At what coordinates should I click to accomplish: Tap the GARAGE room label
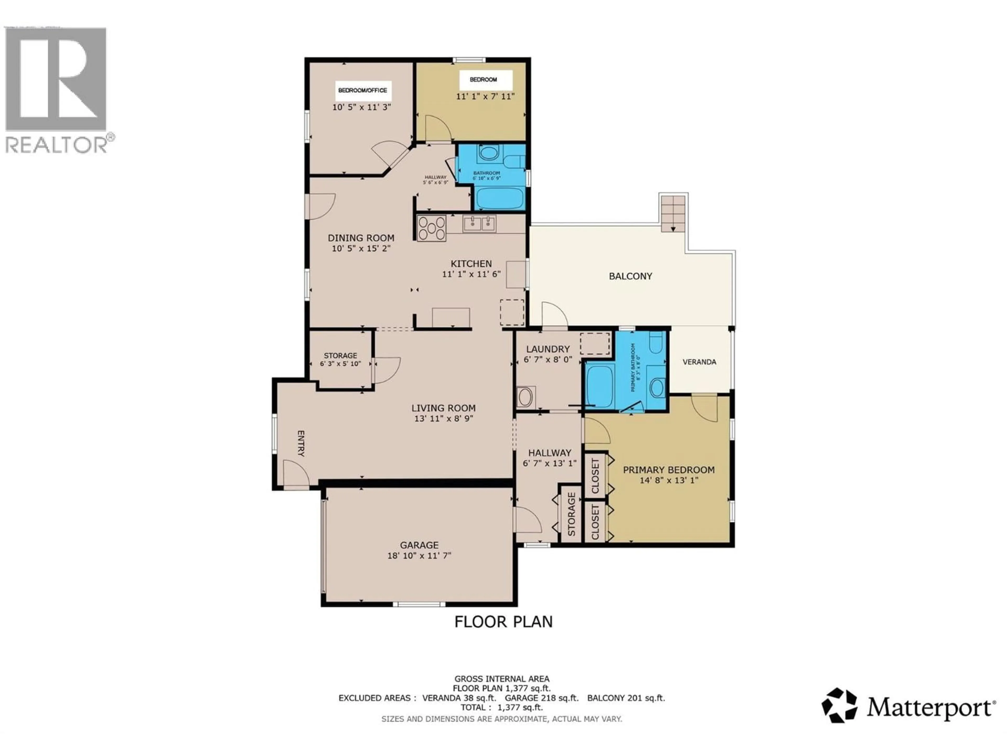coord(419,545)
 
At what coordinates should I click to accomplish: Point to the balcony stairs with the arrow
coord(673,213)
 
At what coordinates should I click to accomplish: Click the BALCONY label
coord(630,276)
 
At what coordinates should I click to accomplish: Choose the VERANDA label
coord(699,362)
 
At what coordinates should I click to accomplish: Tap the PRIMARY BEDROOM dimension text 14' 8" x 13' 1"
coord(669,480)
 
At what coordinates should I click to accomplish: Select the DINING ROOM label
coord(361,238)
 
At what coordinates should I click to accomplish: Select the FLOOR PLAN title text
coord(504,622)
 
